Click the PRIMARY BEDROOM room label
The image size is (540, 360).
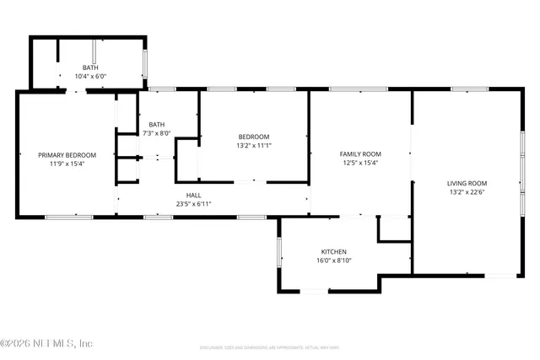[67, 155]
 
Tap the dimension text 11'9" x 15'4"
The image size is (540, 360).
[67, 164]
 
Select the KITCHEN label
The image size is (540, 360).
[333, 252]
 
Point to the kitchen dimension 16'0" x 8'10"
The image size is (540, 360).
[333, 261]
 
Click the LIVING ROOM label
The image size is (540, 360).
[467, 183]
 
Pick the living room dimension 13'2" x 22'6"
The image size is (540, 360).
[467, 192]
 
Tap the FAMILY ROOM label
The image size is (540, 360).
[360, 154]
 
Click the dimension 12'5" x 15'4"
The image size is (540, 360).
[360, 164]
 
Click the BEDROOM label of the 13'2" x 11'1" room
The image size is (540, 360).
[253, 137]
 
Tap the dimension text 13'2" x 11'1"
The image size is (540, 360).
[253, 145]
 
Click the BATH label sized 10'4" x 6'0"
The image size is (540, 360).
[89, 67]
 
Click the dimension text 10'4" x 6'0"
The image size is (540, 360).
[89, 76]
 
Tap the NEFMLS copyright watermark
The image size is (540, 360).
[46, 343]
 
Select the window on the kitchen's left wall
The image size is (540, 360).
[278, 252]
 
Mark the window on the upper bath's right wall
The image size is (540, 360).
[146, 64]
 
